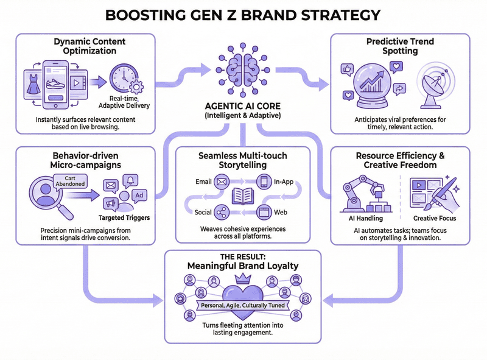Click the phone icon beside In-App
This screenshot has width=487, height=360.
264,181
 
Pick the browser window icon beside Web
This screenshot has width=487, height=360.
264,213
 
